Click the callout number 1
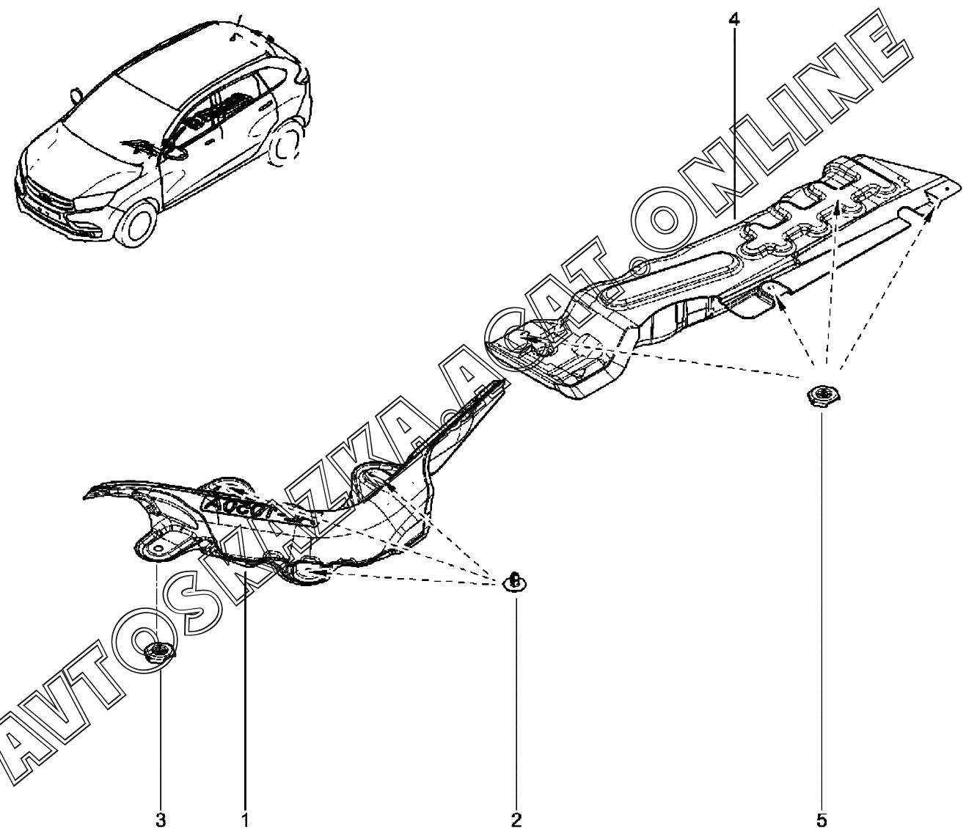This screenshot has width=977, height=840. pos(245,819)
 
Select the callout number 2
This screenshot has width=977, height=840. pos(516,819)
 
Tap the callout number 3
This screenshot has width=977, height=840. pos(161,819)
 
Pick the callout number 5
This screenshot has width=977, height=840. pos(822,819)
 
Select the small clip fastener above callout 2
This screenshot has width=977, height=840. pos(515,582)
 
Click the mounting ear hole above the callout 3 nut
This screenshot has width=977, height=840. pos(156,547)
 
